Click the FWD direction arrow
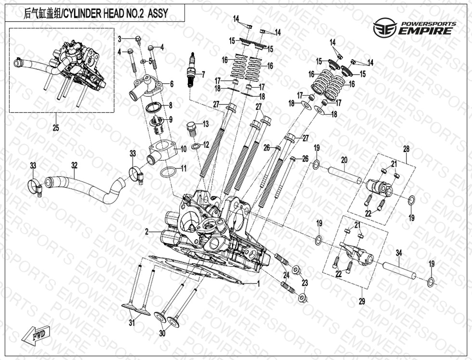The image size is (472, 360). point(36,335)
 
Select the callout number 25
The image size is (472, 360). point(55,128)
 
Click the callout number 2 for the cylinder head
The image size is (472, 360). point(146,232)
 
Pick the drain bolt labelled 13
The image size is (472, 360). point(190,129)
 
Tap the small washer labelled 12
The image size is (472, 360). point(196,148)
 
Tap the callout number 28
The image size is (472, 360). point(406,149)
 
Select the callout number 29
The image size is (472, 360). point(362,301)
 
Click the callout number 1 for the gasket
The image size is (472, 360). point(258,283)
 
